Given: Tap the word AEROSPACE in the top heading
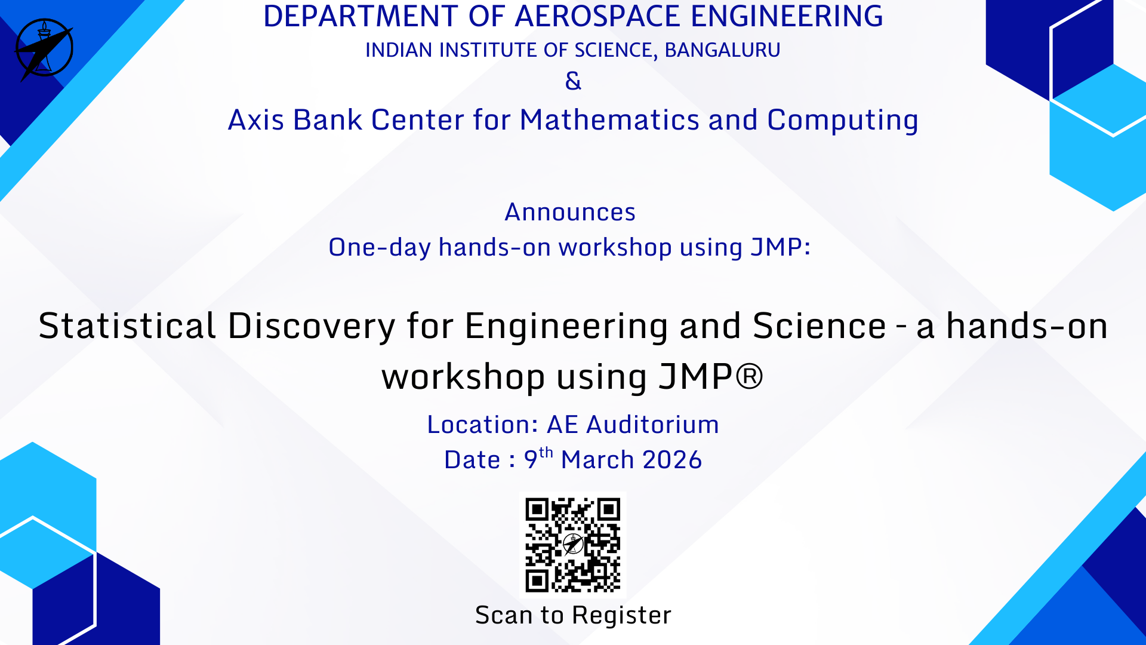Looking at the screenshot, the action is click(x=597, y=16).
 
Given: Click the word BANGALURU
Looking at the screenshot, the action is click(x=722, y=50).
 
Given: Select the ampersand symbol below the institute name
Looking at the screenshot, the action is click(x=573, y=81).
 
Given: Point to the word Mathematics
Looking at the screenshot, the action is click(x=609, y=120).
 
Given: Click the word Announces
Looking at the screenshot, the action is click(x=570, y=213).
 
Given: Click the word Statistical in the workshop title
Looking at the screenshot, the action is click(x=127, y=326).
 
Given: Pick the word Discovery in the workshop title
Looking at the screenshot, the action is click(x=312, y=327).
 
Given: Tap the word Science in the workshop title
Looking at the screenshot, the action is click(x=820, y=326).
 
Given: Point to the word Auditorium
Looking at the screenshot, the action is click(x=652, y=425).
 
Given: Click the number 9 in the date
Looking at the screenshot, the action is click(x=531, y=460).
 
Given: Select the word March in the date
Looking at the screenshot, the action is click(x=597, y=460).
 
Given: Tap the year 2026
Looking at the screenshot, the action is click(x=672, y=460).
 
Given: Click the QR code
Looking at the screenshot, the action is click(x=573, y=545).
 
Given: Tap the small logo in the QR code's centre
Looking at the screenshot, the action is click(x=573, y=544).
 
